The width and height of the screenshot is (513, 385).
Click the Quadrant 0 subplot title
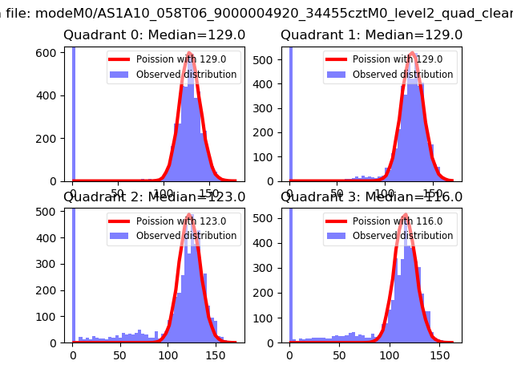coord(154,35)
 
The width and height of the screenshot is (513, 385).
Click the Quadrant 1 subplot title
coord(371,35)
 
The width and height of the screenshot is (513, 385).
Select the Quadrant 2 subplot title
coord(154,197)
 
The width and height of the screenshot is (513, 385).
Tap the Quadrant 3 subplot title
coord(371,197)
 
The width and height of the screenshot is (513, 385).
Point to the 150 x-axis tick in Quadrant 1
coord(434,193)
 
